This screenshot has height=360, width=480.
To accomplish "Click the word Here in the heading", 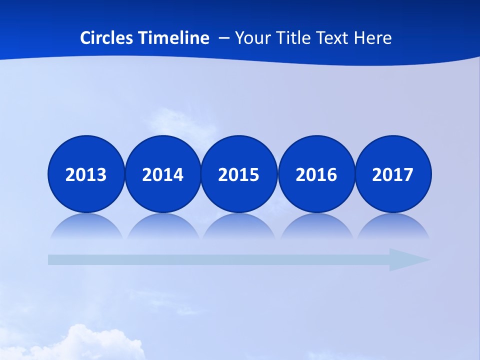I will pyautogui.click(x=372, y=38).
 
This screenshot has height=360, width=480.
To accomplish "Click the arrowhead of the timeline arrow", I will pyautogui.click(x=407, y=259).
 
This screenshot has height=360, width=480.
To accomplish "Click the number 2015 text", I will pyautogui.click(x=239, y=175).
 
